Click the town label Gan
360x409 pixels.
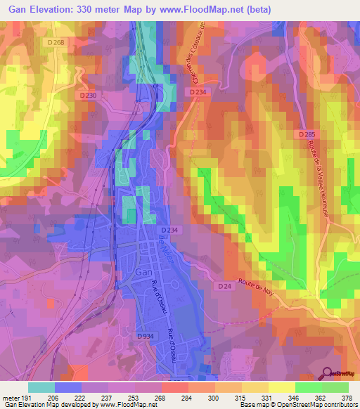coord(143,272)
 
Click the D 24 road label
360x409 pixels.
coord(224,287)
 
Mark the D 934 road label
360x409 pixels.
coord(146,337)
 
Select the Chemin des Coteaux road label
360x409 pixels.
coord(190,53)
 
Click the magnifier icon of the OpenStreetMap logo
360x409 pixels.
coord(328,374)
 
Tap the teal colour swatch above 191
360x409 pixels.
coord(41,387)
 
